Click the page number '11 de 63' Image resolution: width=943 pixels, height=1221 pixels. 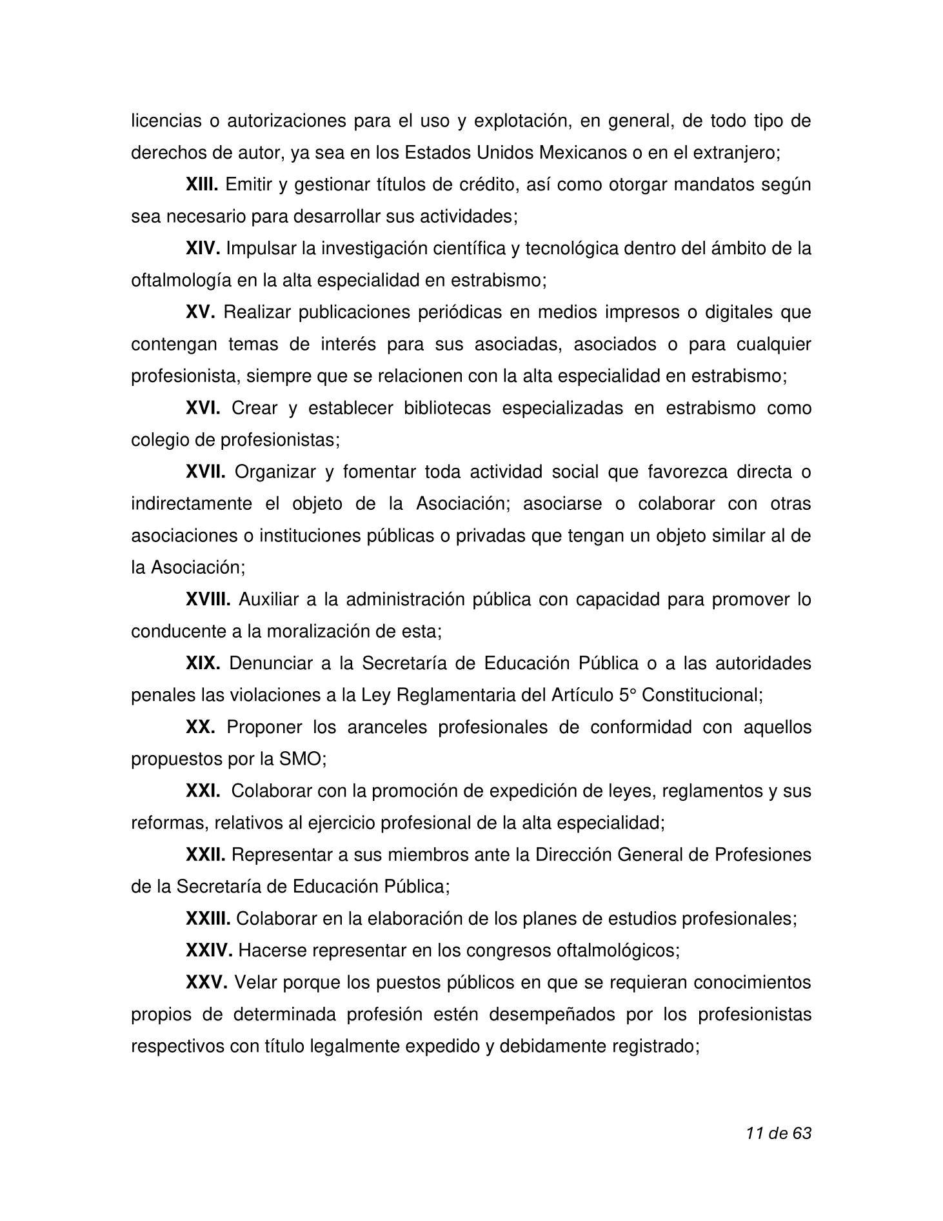pos(778,1133)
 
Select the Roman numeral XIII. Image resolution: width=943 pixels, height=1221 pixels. pos(202,185)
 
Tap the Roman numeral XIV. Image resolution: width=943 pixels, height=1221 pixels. pos(203,248)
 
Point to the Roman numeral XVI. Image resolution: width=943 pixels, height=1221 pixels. pos(203,408)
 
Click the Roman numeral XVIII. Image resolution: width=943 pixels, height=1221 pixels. pos(208,600)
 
